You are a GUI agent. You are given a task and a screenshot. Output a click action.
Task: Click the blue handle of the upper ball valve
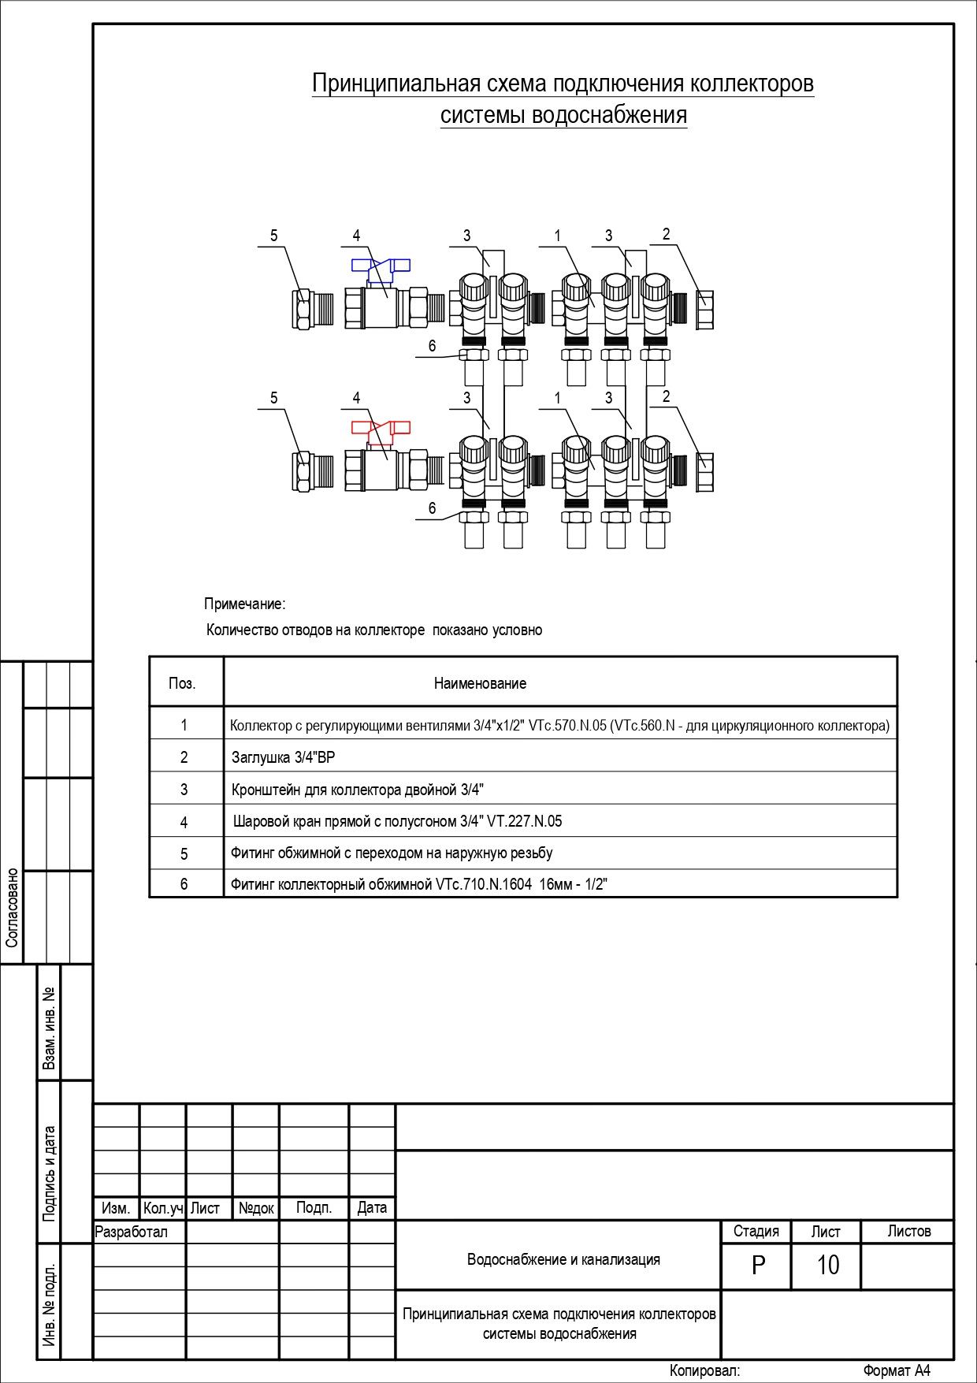[x=381, y=268]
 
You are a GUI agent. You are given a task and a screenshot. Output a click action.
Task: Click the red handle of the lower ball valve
[x=381, y=430]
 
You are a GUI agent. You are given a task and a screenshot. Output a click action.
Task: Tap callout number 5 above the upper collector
[x=274, y=236]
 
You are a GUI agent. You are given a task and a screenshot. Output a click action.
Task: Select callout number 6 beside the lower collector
[x=432, y=508]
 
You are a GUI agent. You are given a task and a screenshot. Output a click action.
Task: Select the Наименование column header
[x=480, y=683]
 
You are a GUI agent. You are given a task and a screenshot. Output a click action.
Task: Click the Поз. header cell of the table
[x=182, y=683]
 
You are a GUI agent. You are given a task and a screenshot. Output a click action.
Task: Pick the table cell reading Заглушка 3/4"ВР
[x=283, y=757]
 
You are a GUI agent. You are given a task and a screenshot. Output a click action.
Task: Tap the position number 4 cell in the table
[x=184, y=822]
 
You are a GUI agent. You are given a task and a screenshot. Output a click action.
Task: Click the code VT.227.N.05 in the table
[x=525, y=821]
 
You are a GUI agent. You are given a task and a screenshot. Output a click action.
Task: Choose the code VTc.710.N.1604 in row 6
[x=484, y=884]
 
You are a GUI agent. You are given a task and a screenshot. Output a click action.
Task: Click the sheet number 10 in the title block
[x=827, y=1265]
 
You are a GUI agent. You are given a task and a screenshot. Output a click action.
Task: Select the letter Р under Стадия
[x=758, y=1265]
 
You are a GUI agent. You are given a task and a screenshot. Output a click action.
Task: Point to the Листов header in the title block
[x=909, y=1231]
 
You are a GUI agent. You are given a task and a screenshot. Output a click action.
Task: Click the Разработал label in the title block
[x=132, y=1232]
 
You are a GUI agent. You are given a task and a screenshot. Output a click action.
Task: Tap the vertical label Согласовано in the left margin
[x=12, y=908]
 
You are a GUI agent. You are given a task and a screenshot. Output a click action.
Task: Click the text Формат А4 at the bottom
[x=897, y=1370]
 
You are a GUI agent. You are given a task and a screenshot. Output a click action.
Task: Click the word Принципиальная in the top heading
[x=396, y=84]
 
